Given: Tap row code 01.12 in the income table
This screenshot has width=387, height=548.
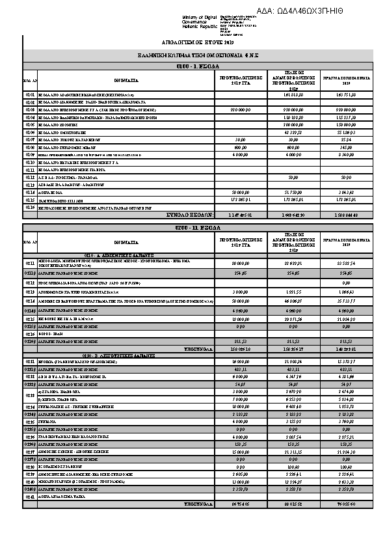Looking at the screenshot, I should tap(30, 176).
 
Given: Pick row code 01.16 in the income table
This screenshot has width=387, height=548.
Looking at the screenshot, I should tap(30, 207).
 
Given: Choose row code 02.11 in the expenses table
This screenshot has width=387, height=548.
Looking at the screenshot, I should tap(30, 264).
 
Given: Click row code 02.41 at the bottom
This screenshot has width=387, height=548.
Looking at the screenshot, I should tap(30, 497).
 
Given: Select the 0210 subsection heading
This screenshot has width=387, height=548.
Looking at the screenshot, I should tap(120, 255).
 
